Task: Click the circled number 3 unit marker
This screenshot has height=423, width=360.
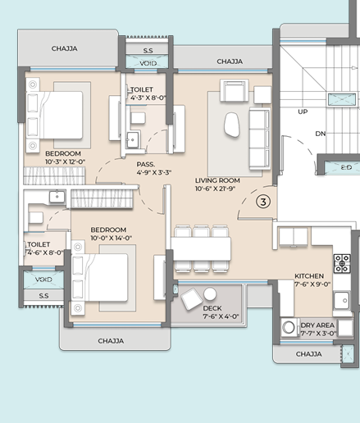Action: coord(263,202)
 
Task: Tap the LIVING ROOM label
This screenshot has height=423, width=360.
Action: coord(217,180)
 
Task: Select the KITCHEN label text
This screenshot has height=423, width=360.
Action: coord(309,276)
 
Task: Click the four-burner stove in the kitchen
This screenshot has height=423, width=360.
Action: coord(342,263)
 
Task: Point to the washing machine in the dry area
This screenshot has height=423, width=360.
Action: coord(289,327)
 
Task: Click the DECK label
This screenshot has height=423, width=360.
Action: coord(212,308)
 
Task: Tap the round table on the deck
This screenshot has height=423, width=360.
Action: coord(210,294)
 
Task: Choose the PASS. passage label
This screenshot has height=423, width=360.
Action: coord(146,165)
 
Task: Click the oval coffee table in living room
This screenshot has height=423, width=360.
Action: coord(232,125)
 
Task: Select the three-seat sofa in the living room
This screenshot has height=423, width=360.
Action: coord(260,139)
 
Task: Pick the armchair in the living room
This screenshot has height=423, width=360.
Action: coord(235,91)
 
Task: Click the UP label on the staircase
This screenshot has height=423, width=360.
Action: coord(303,111)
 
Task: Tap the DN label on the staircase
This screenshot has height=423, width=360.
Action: coord(321,134)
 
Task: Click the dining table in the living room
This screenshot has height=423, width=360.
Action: coord(201,249)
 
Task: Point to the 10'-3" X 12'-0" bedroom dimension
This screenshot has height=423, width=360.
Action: coord(65,161)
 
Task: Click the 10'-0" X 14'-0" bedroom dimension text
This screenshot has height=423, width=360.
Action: coord(111,238)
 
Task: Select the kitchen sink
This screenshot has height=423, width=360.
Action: coord(342,300)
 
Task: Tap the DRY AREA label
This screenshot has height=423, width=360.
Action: coord(317,325)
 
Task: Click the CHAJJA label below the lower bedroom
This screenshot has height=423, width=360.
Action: coord(111,341)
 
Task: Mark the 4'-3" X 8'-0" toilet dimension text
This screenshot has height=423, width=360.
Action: coord(148,98)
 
